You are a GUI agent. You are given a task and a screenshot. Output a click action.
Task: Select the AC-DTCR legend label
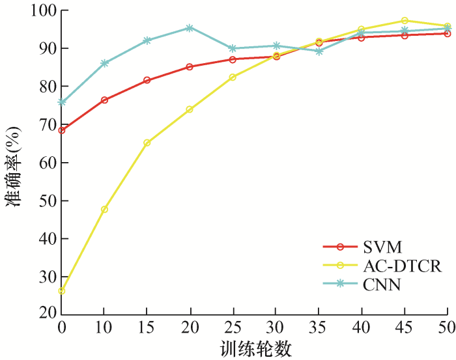pos(399,266)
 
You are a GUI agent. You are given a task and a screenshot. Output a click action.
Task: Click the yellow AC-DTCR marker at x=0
pos(62,290)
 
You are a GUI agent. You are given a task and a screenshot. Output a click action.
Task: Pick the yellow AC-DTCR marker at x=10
pos(104,209)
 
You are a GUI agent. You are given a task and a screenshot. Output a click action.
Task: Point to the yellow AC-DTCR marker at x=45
pos(405,21)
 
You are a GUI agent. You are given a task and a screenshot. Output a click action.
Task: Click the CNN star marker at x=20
pos(190,28)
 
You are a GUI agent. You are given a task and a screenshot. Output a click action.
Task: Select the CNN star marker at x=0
pos(62,102)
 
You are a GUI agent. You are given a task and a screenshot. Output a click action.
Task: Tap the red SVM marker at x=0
pos(62,130)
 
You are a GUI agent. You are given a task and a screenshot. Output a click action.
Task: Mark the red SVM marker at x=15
pos(147,80)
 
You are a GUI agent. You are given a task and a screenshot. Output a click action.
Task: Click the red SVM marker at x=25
pos(233,59)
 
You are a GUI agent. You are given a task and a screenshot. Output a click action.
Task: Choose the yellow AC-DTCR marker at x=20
pos(190,109)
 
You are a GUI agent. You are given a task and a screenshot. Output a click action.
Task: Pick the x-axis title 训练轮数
pos(254,348)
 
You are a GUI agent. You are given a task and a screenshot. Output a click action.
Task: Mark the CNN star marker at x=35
pos(319,51)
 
